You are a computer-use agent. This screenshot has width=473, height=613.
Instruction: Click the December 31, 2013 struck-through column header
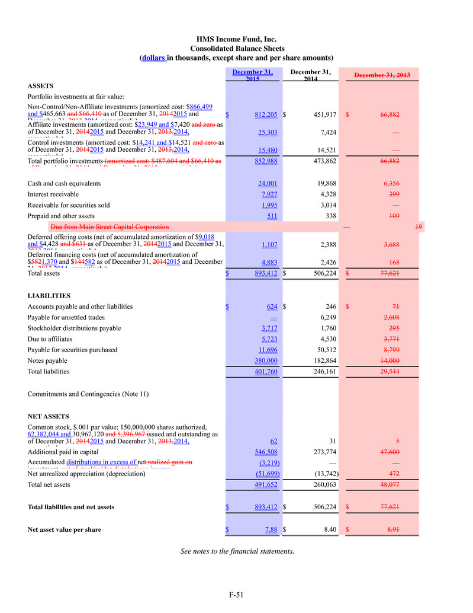(382, 75)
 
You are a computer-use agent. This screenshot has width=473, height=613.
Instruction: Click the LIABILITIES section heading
(49, 295)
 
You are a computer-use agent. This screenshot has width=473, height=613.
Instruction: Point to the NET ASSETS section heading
(49, 416)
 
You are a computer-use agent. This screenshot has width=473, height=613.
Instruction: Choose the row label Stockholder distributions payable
(74, 328)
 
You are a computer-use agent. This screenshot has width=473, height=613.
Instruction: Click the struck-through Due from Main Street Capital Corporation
(110, 227)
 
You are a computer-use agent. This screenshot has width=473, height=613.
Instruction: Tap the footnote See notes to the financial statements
(237, 551)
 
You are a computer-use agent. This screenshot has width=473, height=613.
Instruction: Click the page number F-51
(236, 595)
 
